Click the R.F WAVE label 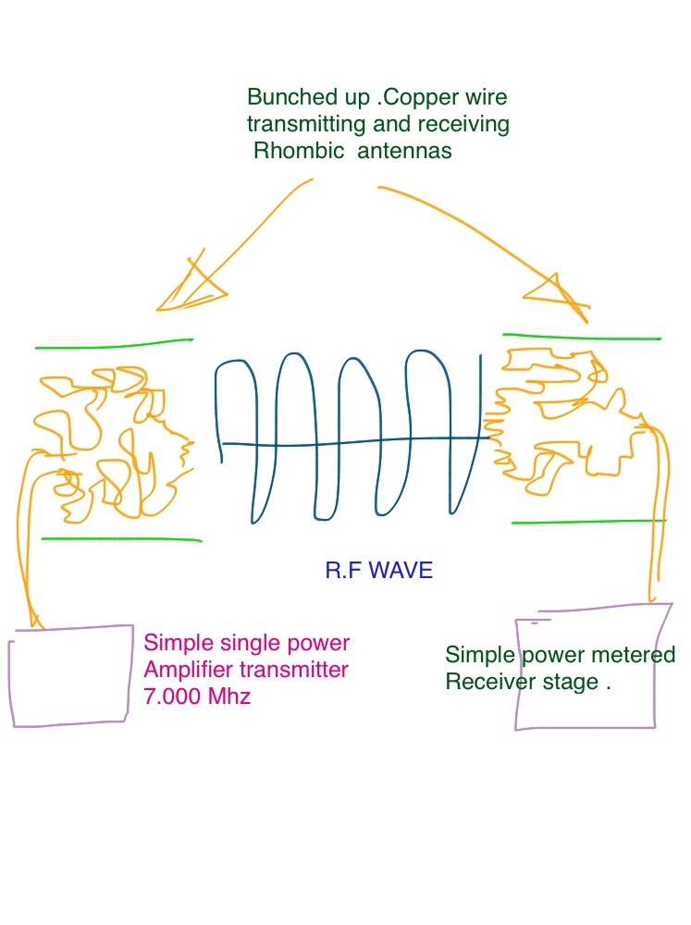point(378,571)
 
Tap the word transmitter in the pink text point(299,670)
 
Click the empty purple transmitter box point(69,678)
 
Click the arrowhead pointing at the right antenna point(556,291)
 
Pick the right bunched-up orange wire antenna point(564,416)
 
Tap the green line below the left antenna point(120,538)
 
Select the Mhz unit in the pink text point(230,697)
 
